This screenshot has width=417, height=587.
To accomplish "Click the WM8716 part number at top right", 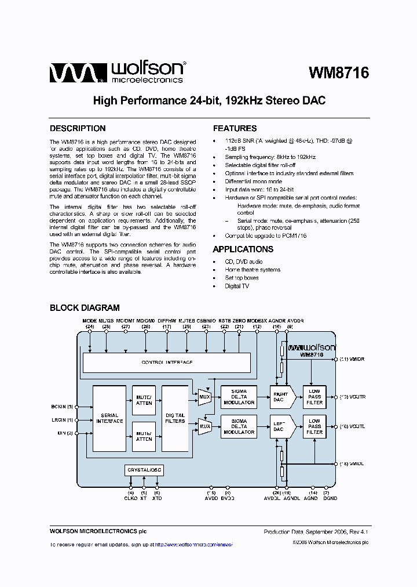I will (x=338, y=73).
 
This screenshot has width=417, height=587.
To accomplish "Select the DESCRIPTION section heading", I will (x=78, y=129).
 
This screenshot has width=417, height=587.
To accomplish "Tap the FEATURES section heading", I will (x=235, y=129).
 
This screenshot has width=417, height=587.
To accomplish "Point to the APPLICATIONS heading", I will (x=243, y=249).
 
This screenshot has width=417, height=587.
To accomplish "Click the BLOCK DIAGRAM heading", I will (x=85, y=308).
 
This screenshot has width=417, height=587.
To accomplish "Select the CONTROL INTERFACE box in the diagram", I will (x=167, y=362).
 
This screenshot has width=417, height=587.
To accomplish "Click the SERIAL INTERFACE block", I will (x=109, y=418).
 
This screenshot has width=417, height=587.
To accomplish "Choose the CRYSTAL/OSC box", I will (x=144, y=469).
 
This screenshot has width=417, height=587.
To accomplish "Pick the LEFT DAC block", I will (x=280, y=427).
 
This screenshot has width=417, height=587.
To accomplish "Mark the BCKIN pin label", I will (x=61, y=407).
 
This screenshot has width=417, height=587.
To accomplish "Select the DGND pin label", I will (x=331, y=498).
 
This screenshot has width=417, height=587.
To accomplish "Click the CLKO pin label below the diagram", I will (x=130, y=498).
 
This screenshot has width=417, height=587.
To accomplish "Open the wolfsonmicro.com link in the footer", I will (x=199, y=545).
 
